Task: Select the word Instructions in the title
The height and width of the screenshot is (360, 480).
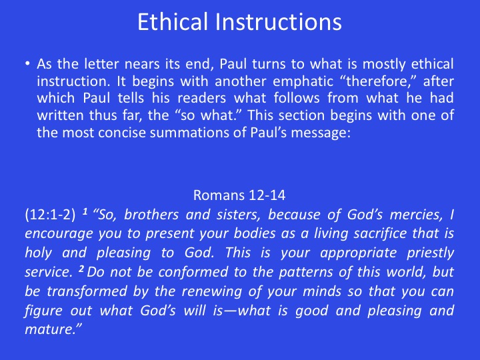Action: click(279, 22)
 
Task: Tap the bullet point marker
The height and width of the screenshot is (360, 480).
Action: click(28, 64)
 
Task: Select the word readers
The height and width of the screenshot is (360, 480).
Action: click(202, 98)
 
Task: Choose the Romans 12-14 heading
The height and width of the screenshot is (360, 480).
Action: click(239, 195)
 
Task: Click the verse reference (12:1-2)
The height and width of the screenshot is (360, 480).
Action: click(50, 215)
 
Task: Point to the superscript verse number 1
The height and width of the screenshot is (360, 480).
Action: click(85, 211)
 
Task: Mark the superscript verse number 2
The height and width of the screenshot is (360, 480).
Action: click(81, 269)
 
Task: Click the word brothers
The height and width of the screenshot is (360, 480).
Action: click(151, 215)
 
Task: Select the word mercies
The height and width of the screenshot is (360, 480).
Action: click(416, 215)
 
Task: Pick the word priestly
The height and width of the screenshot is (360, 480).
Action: click(430, 253)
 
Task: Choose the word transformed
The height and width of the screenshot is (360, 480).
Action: click(87, 291)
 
